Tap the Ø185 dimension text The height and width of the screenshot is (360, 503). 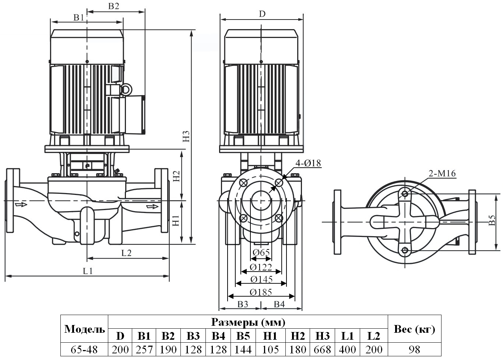pyautogui.click(x=261, y=292)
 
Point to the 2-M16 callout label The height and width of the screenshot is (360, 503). pyautogui.click(x=442, y=174)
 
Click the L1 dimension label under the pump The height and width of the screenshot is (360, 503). pyautogui.click(x=88, y=271)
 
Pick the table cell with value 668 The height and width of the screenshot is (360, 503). pyautogui.click(x=323, y=349)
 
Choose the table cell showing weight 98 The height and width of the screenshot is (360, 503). pyautogui.click(x=414, y=349)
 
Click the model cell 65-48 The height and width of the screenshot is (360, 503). pyautogui.click(x=84, y=349)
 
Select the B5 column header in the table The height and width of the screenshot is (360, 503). pyautogui.click(x=243, y=336)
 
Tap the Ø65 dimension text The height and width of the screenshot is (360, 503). pyautogui.click(x=261, y=252)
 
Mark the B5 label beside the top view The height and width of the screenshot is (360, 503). pyautogui.click(x=492, y=221)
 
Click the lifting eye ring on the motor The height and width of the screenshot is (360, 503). pyautogui.click(x=126, y=89)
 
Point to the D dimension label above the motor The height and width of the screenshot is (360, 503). pyautogui.click(x=262, y=14)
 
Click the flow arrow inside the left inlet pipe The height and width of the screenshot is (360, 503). pyautogui.click(x=21, y=204)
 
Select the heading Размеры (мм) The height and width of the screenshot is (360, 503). pyautogui.click(x=248, y=322)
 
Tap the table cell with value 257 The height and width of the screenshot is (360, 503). pyautogui.click(x=144, y=349)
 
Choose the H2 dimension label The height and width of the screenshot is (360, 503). pyautogui.click(x=176, y=175)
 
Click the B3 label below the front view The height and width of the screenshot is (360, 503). pyautogui.click(x=242, y=304)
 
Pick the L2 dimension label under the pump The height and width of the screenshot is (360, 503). pyautogui.click(x=126, y=253)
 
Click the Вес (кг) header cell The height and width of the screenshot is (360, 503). pyautogui.click(x=414, y=329)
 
